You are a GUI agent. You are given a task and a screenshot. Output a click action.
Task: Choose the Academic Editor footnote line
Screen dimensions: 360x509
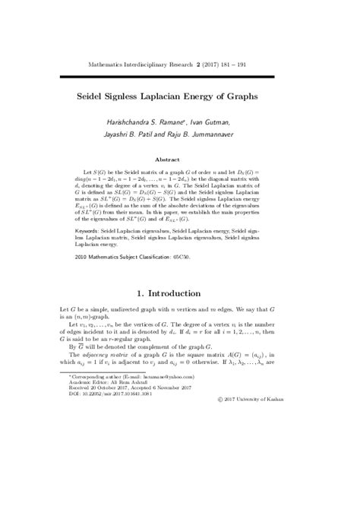111,459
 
